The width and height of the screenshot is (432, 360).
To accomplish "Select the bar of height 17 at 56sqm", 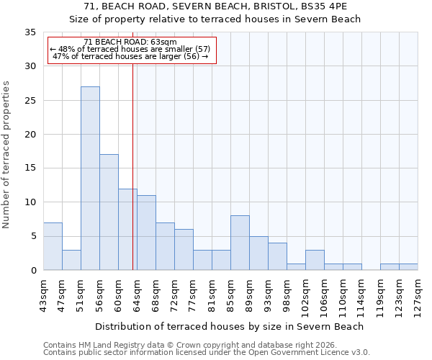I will click(x=109, y=212).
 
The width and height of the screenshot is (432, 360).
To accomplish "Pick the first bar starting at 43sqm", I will click(x=53, y=246).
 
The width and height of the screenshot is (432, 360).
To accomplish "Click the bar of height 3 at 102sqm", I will click(x=315, y=260).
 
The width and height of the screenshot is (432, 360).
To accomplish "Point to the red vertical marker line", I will click(x=133, y=166).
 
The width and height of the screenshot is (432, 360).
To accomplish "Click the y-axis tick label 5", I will click(x=32, y=237).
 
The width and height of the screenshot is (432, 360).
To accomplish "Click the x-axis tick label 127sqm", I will click(x=418, y=293).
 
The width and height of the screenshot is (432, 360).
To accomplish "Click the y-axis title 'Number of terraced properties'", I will click(x=6, y=155).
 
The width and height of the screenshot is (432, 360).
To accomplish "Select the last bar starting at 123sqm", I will click(x=408, y=266).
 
